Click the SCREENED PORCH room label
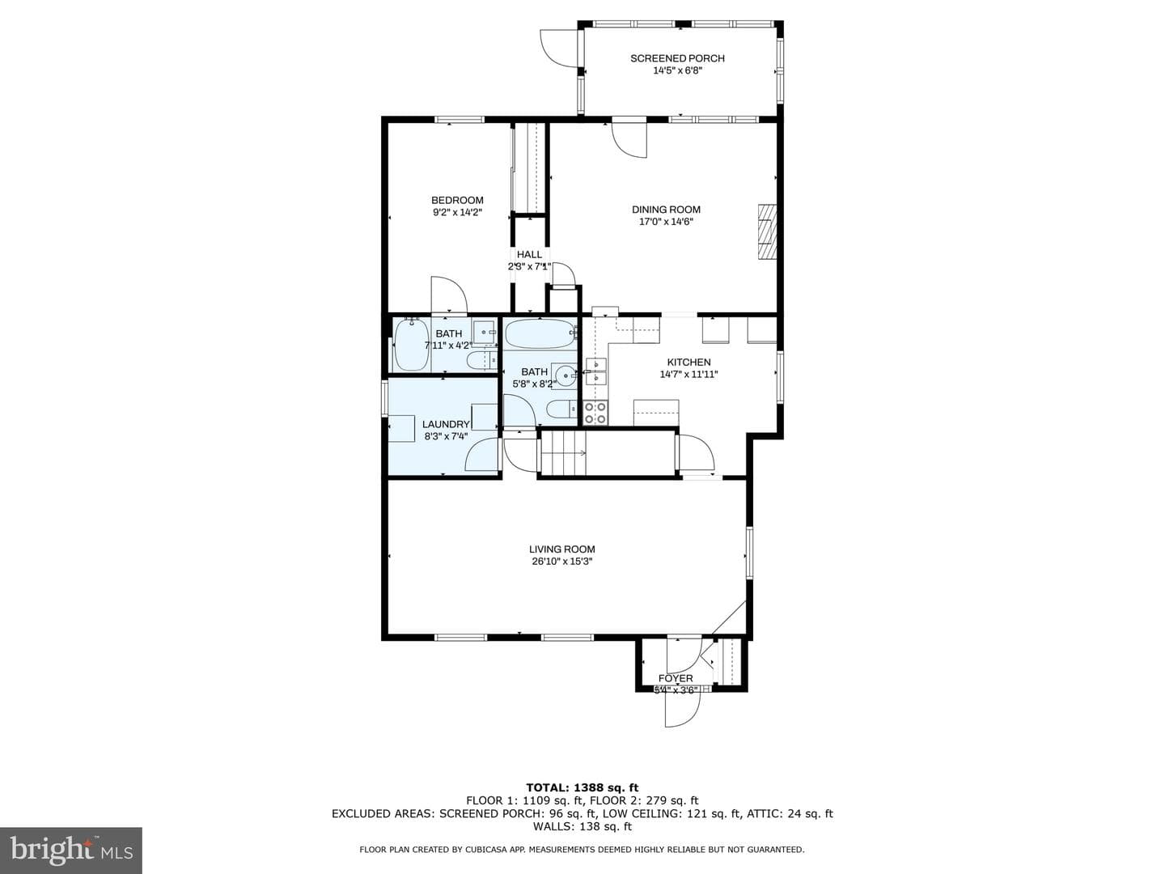[677, 58]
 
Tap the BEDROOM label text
[457, 200]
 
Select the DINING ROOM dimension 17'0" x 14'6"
[666, 222]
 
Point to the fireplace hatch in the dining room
[766, 231]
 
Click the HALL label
[529, 255]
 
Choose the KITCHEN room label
[689, 362]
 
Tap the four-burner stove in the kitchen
[595, 413]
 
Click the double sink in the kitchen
[596, 371]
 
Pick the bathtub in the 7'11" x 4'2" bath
[412, 345]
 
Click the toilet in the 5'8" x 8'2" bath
[561, 409]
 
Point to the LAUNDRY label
[446, 425]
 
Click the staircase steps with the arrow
[563, 452]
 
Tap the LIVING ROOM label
[562, 549]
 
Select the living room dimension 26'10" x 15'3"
[562, 562]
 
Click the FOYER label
[676, 678]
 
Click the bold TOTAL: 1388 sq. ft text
[582, 787]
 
